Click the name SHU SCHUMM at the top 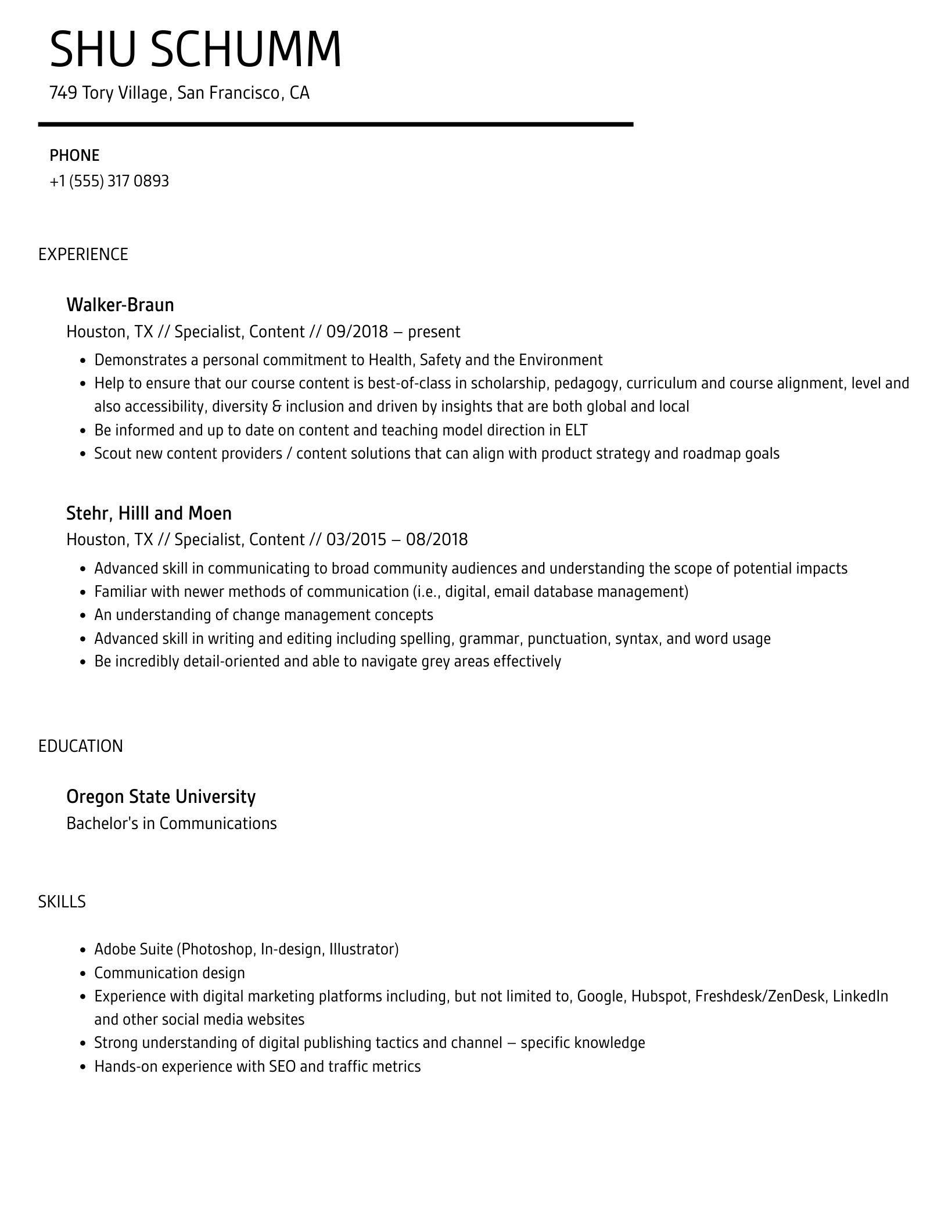[196, 50]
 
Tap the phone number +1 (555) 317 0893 [109, 181]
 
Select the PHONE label [74, 156]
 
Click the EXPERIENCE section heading [83, 254]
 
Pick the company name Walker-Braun [120, 305]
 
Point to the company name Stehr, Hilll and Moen [149, 513]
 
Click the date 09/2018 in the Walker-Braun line [357, 331]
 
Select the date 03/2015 [356, 540]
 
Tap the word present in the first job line [433, 331]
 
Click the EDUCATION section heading [81, 746]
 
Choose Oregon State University [161, 797]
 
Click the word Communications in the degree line [218, 823]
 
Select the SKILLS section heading [62, 902]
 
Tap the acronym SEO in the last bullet [283, 1066]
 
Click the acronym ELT [576, 430]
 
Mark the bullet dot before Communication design [82, 974]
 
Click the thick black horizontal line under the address [335, 124]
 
